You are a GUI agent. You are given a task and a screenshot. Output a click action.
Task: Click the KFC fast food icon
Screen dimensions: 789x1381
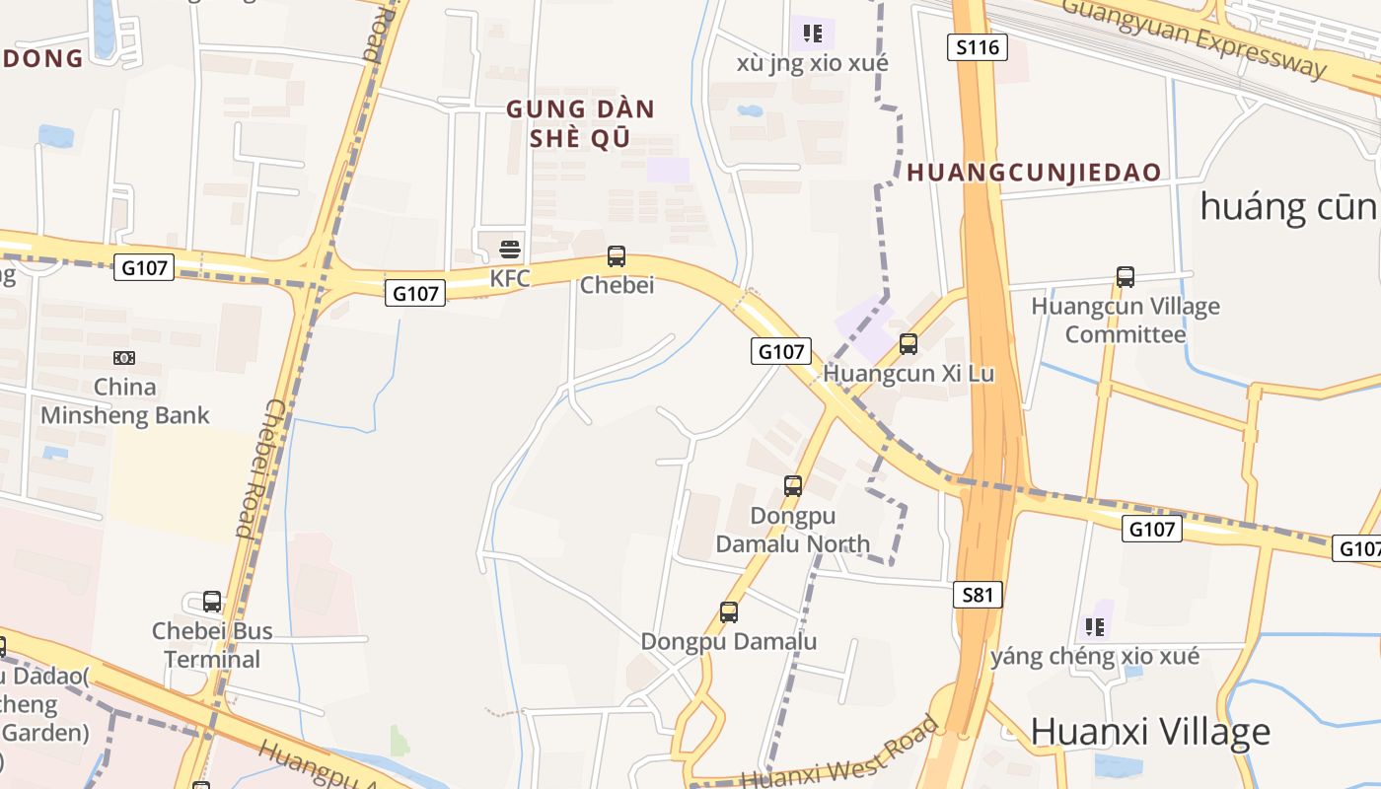point(510,249)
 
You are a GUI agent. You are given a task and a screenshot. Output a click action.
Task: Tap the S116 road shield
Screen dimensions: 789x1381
point(978,46)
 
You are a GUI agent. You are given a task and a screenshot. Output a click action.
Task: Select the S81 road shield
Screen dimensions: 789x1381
point(978,595)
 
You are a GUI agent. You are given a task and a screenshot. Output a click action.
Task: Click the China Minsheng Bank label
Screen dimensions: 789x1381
point(124,400)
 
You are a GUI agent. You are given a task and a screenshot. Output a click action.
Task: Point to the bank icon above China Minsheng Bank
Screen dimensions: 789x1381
point(124,357)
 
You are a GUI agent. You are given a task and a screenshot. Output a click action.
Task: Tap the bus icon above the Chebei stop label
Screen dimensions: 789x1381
point(617,256)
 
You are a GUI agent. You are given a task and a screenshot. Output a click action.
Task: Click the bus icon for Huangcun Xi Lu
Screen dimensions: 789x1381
point(909,344)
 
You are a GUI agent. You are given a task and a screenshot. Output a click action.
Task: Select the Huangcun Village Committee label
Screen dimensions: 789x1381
point(1126,321)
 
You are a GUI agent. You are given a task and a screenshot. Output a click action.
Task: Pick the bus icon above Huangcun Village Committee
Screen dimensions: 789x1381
point(1126,277)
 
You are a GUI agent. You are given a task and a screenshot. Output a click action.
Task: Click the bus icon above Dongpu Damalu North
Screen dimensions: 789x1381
point(793,486)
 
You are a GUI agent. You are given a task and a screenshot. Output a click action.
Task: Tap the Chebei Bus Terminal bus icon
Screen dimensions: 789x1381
point(212,602)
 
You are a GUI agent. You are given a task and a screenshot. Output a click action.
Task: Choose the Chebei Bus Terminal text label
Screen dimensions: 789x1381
point(212,645)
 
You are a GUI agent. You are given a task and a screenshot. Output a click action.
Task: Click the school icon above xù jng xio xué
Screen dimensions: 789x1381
point(813,34)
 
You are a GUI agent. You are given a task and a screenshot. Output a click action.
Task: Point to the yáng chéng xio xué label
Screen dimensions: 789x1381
point(1095,657)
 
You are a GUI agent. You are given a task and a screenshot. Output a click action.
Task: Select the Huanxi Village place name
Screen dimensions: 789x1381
point(1150,732)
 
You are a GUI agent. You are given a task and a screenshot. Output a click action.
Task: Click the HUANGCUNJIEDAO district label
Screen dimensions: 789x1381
point(1034,173)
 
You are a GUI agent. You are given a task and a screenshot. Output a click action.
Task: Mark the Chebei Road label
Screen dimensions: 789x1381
point(259,467)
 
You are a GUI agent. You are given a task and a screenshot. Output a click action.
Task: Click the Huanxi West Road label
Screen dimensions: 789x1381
point(838,753)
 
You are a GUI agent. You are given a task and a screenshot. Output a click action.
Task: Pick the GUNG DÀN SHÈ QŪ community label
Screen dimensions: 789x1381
point(580,123)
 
